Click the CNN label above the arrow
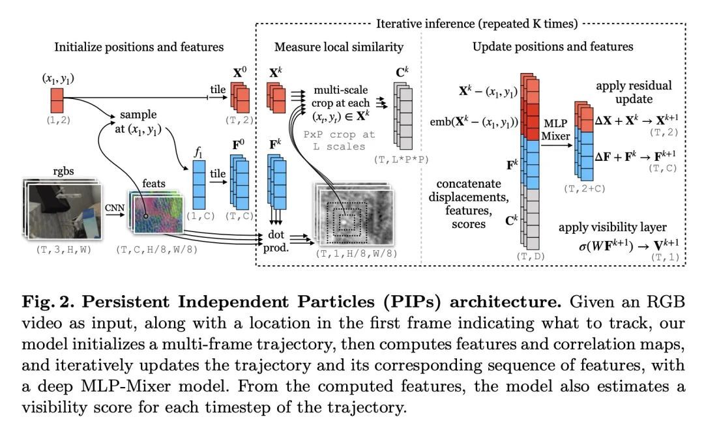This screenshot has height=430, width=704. [115, 207]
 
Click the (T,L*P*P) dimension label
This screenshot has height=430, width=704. [400, 160]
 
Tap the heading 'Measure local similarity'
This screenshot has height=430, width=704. [339, 47]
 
